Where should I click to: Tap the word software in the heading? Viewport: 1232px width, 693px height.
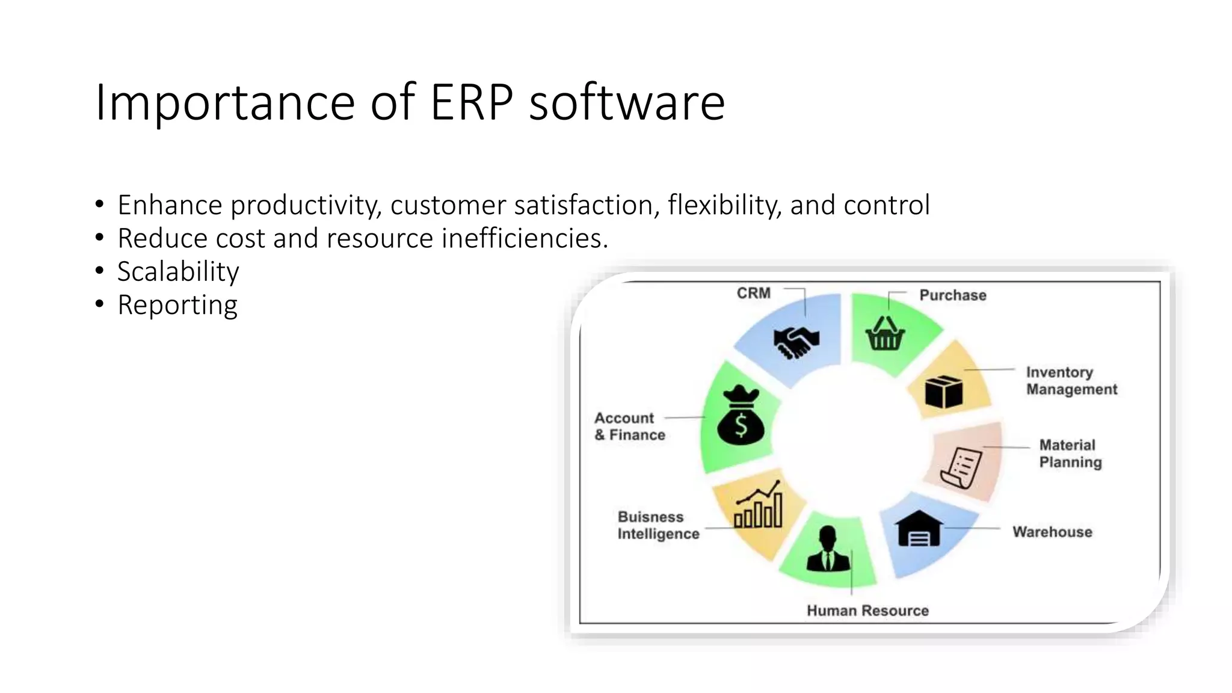tap(626, 102)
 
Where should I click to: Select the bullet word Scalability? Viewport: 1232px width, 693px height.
tap(178, 272)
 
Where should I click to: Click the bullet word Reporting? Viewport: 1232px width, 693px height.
tap(177, 305)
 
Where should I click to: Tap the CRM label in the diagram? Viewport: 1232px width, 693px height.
tap(753, 294)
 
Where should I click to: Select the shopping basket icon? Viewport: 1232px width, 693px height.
tap(885, 334)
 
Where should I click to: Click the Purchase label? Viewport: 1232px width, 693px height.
tap(952, 295)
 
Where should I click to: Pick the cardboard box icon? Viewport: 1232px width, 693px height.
tap(943, 392)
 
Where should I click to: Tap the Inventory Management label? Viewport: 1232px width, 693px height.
tap(1071, 381)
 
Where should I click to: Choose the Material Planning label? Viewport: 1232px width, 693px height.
tap(1070, 454)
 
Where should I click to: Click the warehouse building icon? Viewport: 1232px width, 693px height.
tap(919, 529)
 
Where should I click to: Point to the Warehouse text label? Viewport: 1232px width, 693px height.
tap(1052, 532)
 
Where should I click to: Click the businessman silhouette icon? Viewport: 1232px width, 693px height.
tap(828, 549)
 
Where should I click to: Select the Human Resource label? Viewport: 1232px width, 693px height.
tap(867, 611)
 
